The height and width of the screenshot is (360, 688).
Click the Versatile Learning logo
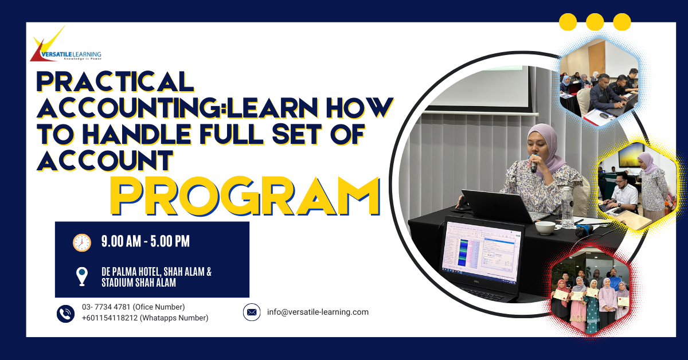pyautogui.click(x=66, y=44)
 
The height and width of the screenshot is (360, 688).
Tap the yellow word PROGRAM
pyautogui.click(x=245, y=196)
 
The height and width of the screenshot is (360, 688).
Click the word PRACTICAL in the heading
pyautogui.click(x=115, y=81)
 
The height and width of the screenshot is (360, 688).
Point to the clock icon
pyautogui.click(x=81, y=242)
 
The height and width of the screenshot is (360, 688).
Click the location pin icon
pyautogui.click(x=81, y=276)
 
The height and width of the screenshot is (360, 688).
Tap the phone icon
pyautogui.click(x=65, y=314)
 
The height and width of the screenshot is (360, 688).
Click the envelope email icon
pyautogui.click(x=252, y=312)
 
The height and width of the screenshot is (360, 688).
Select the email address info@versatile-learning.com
pyautogui.click(x=318, y=312)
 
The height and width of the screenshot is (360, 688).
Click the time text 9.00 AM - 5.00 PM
pyautogui.click(x=145, y=241)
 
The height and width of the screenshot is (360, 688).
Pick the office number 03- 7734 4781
pyautogui.click(x=106, y=307)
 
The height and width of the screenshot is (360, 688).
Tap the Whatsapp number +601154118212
pyautogui.click(x=110, y=318)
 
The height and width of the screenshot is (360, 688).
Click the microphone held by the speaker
pyautogui.click(x=534, y=164)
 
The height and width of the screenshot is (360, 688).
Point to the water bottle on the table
pyautogui.click(x=567, y=208)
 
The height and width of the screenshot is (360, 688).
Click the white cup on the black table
pyautogui.click(x=545, y=228)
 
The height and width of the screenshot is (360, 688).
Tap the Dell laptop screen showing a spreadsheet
pyautogui.click(x=481, y=252)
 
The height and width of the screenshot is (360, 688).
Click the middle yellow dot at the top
pyautogui.click(x=595, y=22)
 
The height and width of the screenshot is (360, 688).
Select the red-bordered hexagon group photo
pyautogui.click(x=590, y=292)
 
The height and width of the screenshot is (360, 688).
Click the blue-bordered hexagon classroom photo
pyautogui.click(x=599, y=82)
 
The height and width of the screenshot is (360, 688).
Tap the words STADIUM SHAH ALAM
pyautogui.click(x=139, y=283)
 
